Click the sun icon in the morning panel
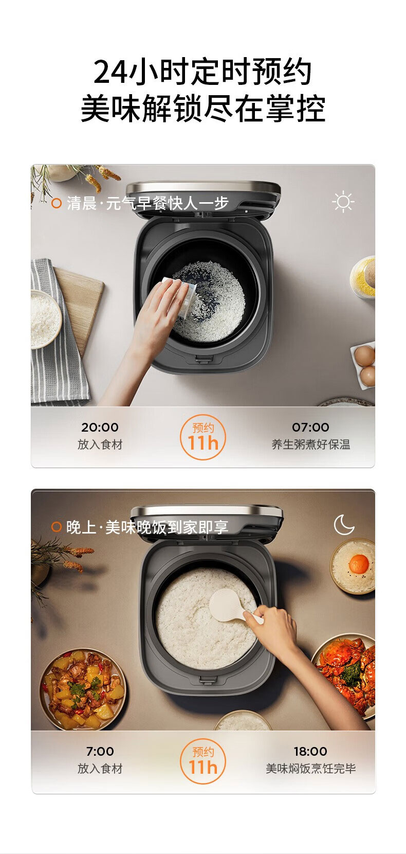(x=343, y=201)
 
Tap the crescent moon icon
(x=343, y=525)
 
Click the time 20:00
(x=100, y=427)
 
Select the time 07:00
(x=310, y=427)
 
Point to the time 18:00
(x=310, y=751)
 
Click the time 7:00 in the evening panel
(x=100, y=751)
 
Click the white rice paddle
(x=232, y=606)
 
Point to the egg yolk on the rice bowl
(x=359, y=563)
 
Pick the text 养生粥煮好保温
(x=310, y=444)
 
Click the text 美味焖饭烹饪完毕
(x=310, y=768)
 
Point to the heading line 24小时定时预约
(x=202, y=72)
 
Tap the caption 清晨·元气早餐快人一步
(x=147, y=203)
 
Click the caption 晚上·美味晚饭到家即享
(x=147, y=527)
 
